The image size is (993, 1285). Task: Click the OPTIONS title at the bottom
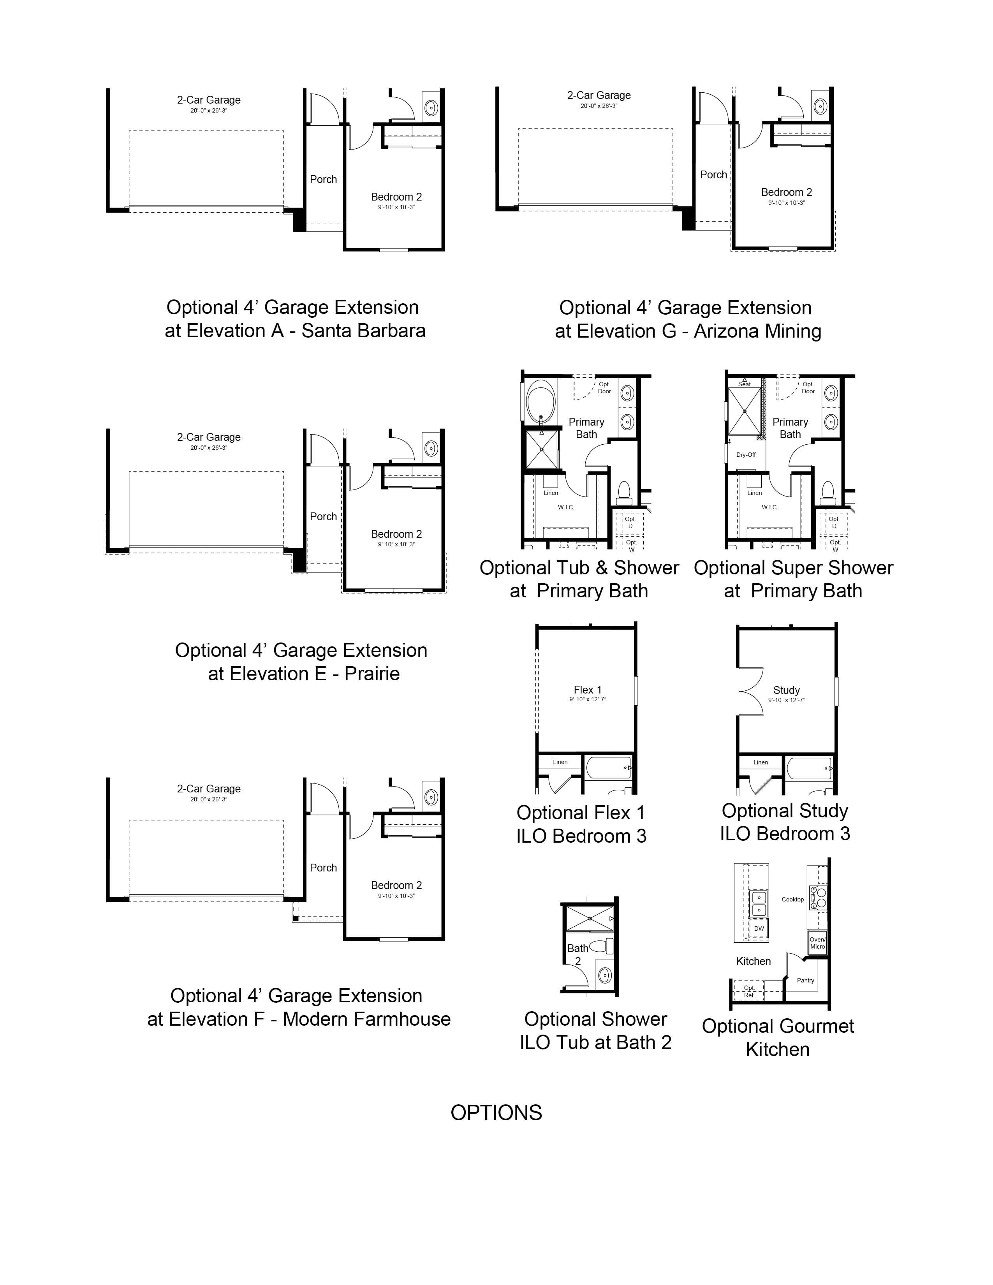(496, 1112)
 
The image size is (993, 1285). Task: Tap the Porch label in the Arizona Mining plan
(713, 175)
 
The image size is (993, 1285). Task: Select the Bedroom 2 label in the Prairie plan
(396, 534)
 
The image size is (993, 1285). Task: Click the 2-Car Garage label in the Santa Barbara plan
(209, 100)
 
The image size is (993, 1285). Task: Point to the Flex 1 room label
(588, 690)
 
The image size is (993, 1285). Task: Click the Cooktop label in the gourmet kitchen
(792, 899)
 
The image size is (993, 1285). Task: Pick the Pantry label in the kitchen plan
(805, 980)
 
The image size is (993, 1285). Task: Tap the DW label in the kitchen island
(759, 928)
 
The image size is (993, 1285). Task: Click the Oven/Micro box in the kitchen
(817, 943)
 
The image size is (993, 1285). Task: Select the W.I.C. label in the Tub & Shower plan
(566, 507)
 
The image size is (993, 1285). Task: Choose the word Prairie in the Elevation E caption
(372, 674)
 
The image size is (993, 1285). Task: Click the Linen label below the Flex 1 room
(560, 762)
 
